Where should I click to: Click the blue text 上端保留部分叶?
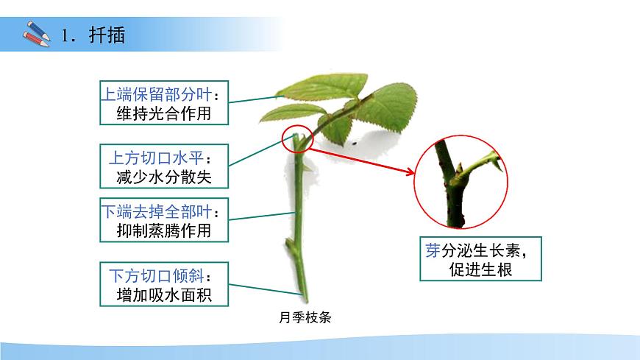155,93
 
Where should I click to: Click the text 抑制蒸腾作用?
163,230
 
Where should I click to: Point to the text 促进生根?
480,269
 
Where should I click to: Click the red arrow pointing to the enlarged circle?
360,163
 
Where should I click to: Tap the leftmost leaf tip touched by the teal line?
280,93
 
